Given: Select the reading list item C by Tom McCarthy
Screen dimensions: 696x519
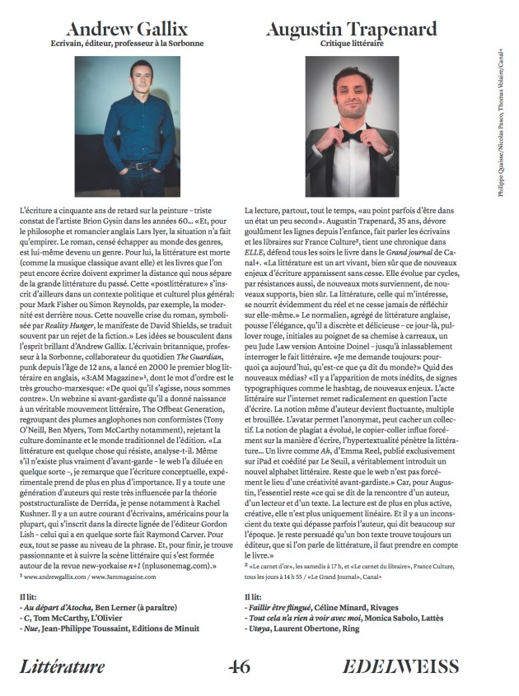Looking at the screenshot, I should [75, 618].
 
